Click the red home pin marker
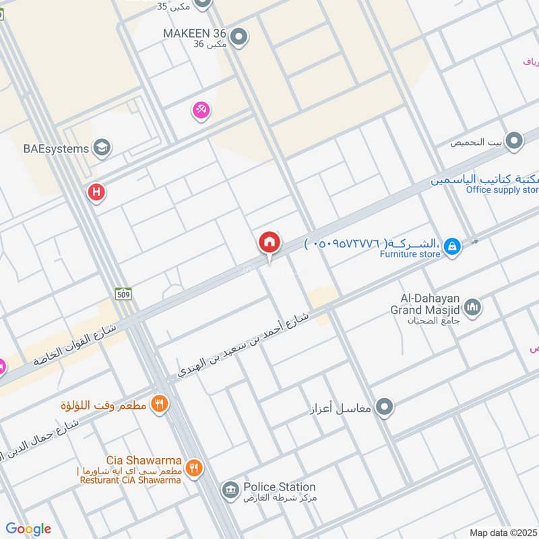pyautogui.click(x=269, y=242)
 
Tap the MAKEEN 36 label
pyautogui.click(x=195, y=32)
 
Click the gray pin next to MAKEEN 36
pyautogui.click(x=238, y=37)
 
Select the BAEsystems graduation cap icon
pyautogui.click(x=102, y=148)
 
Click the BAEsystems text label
pyautogui.click(x=57, y=148)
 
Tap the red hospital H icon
pyautogui.click(x=96, y=193)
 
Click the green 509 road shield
pyautogui.click(x=123, y=294)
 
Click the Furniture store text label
pyautogui.click(x=410, y=254)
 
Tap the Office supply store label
pyautogui.click(x=502, y=189)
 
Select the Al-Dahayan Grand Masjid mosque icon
pyautogui.click(x=473, y=307)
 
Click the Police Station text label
pyautogui.click(x=279, y=486)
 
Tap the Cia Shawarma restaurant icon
pyautogui.click(x=193, y=467)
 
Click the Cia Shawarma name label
pyautogui.click(x=143, y=459)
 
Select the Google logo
pyautogui.click(x=28, y=529)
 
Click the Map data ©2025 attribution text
pyautogui.click(x=503, y=532)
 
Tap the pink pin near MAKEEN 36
pyautogui.click(x=201, y=110)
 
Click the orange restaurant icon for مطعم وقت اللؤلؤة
pyautogui.click(x=160, y=404)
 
